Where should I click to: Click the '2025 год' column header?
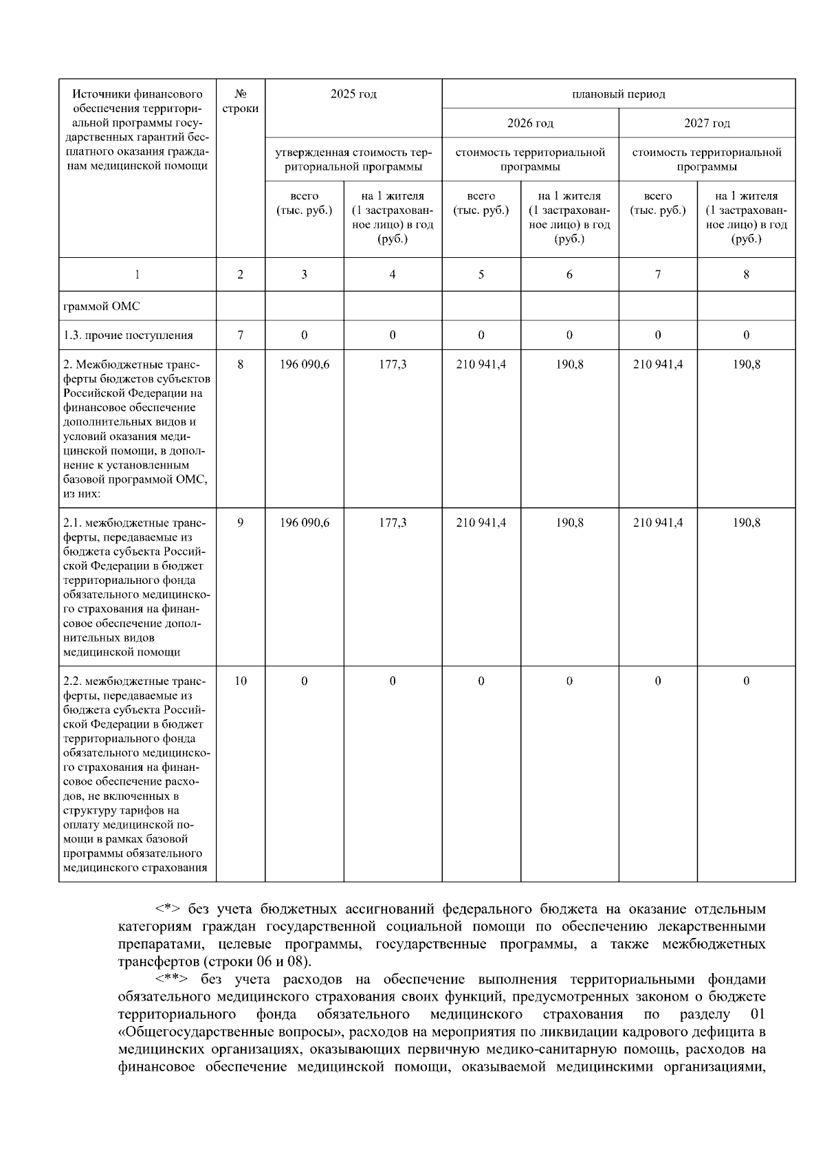tap(353, 94)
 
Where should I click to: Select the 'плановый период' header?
tap(618, 94)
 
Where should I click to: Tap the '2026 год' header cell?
tap(530, 123)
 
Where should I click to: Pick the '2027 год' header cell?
tap(707, 123)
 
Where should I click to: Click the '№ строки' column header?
tap(241, 101)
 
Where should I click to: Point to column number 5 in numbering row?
tap(481, 274)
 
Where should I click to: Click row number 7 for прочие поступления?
tap(241, 335)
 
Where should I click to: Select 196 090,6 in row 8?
tap(304, 364)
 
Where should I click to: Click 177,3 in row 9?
tap(393, 523)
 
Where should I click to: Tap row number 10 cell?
tap(241, 681)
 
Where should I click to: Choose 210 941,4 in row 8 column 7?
tap(658, 364)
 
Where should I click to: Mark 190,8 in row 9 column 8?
tap(746, 523)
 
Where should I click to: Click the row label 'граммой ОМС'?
tap(101, 306)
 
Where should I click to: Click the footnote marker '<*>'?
tap(167, 909)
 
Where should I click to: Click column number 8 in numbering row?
tap(746, 274)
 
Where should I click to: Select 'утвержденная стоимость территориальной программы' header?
tap(353, 160)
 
